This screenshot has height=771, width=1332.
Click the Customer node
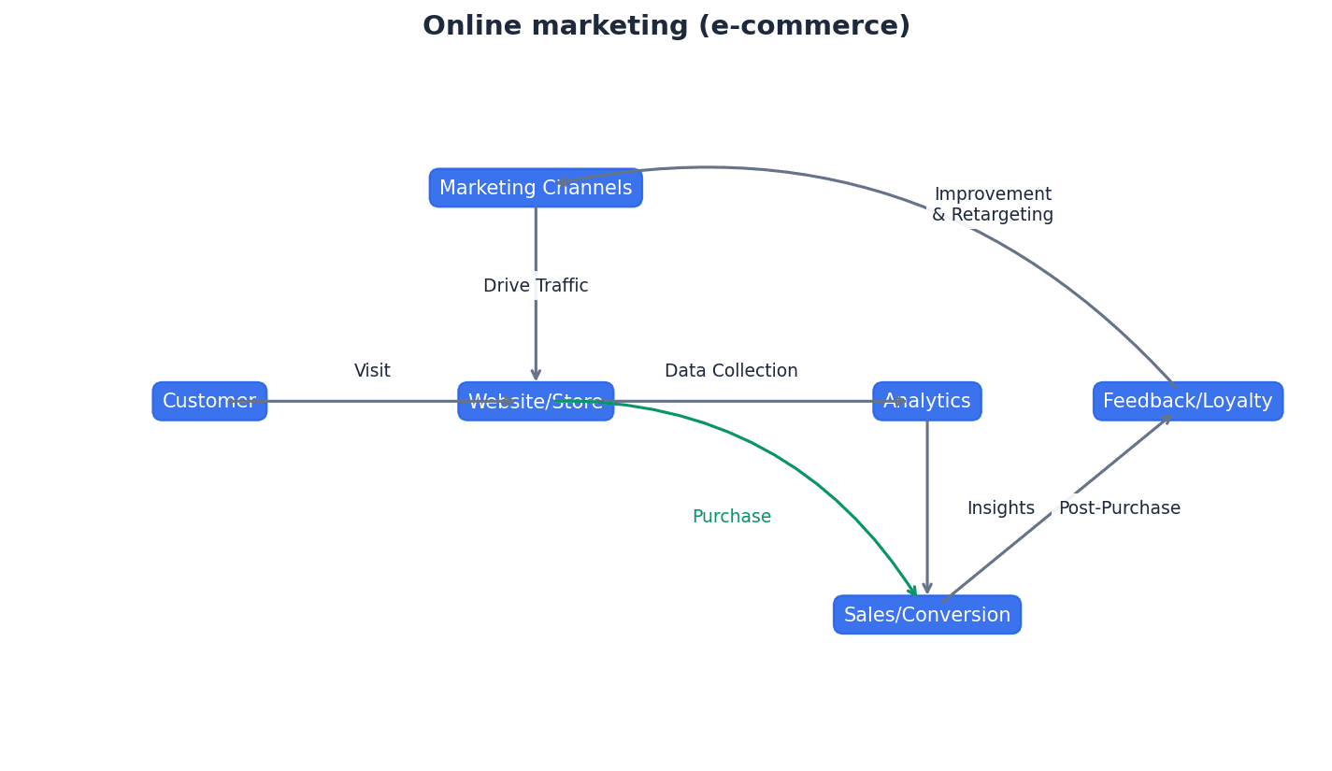pos(209,401)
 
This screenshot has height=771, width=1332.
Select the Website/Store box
pos(536,401)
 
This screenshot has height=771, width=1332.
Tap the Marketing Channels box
pos(536,188)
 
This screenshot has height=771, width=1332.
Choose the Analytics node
pos(926,401)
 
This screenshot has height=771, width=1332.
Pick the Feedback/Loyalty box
pos(1187,401)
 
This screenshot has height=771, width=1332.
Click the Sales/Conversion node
pos(926,615)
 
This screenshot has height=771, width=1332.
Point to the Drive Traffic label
pos(536,286)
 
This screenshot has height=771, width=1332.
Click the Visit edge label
pos(372,371)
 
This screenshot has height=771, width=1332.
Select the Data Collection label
pos(731,371)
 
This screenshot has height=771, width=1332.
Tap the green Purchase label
pos(731,517)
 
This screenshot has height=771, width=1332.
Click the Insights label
pos(1000,508)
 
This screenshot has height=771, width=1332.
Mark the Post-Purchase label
pos(1119,508)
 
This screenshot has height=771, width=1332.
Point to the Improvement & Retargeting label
pos(992,205)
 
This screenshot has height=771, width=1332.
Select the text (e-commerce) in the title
pos(805,26)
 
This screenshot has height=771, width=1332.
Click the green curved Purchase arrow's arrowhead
pos(913,592)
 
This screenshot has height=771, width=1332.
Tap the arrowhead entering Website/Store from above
pos(536,375)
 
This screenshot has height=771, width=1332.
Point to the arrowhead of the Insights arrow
pos(926,589)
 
